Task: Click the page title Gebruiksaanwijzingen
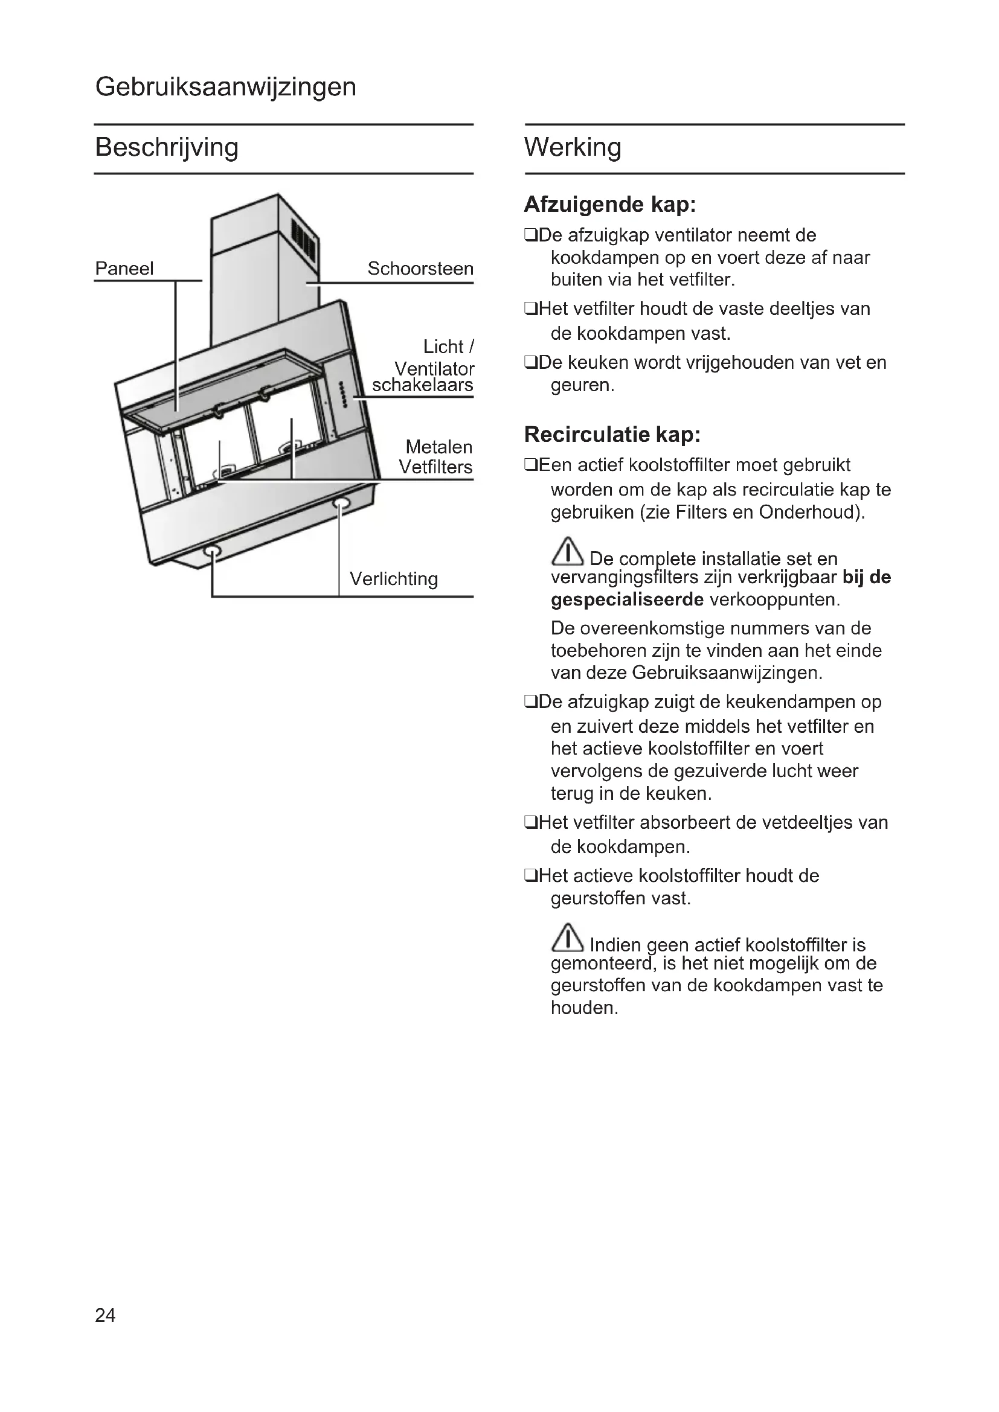[225, 87]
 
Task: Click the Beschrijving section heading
[166, 147]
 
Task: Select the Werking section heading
[572, 147]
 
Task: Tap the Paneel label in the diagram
[124, 269]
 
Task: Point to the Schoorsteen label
[420, 269]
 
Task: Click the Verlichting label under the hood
[394, 579]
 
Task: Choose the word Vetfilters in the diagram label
[435, 467]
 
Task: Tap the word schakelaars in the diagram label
[423, 386]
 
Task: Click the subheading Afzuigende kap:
[609, 205]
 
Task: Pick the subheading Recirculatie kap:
[612, 435]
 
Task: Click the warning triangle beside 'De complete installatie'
[567, 552]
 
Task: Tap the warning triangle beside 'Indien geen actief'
[567, 938]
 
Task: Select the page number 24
[105, 1315]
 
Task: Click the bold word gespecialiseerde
[627, 599]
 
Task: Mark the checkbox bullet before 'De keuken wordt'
[530, 363]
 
